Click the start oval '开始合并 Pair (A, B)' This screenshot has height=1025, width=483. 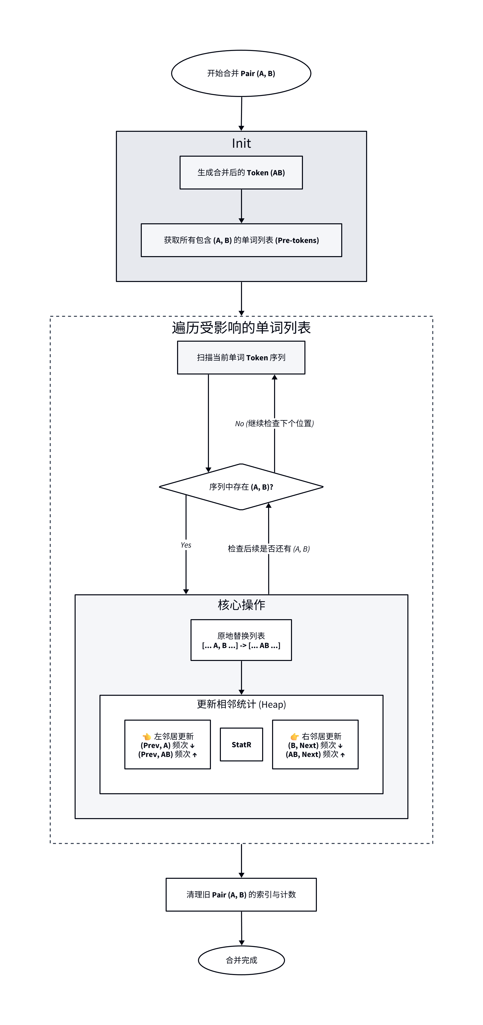[241, 73]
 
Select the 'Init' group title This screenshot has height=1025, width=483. [241, 143]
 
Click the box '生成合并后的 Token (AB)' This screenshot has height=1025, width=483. [241, 172]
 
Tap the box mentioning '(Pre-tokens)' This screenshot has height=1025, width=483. [241, 240]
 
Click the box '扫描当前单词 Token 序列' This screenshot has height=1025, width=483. [241, 357]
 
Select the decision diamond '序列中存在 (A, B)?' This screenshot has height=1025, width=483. [241, 487]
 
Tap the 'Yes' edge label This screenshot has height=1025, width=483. [186, 545]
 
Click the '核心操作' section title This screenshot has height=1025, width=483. [241, 605]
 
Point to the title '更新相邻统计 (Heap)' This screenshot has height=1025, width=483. [241, 704]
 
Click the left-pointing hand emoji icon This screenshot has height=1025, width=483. [147, 737]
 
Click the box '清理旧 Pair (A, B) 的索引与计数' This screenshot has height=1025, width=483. [241, 894]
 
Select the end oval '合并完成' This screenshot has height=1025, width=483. [241, 960]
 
